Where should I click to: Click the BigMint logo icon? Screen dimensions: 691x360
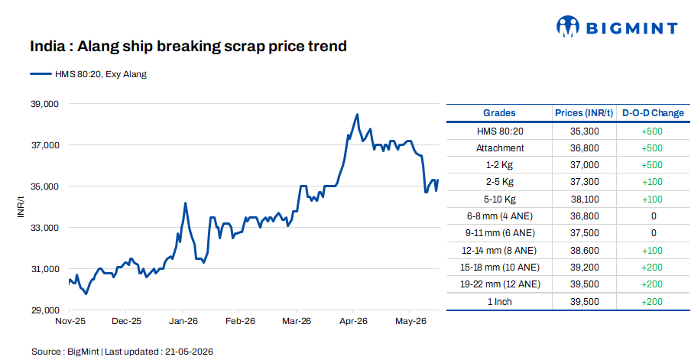point(568,27)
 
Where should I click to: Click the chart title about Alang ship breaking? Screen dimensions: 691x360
point(188,47)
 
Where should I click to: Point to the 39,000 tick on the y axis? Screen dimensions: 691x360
point(44,104)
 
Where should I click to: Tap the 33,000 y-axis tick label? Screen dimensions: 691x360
point(44,228)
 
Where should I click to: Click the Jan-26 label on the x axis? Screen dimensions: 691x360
point(183,321)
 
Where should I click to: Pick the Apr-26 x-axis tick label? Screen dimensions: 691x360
point(353,321)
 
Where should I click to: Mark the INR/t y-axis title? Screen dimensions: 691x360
point(21,206)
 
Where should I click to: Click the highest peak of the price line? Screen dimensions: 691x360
point(357,115)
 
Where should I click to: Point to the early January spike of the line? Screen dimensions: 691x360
point(186,203)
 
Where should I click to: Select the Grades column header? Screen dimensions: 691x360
point(499,113)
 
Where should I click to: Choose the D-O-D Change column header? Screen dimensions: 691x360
point(653,113)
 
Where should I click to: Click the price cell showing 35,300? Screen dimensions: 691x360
point(584,131)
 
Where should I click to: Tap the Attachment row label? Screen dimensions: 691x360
point(500,148)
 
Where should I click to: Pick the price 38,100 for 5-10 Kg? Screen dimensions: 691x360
point(585,199)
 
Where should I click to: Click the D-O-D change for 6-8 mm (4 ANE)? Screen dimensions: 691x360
point(654,216)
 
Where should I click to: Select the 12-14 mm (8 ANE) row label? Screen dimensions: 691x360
point(499,250)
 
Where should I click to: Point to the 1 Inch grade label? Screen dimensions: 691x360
point(499,301)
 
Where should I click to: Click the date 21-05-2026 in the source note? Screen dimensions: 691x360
point(189,352)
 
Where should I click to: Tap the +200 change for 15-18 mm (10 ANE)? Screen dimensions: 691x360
point(652,267)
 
